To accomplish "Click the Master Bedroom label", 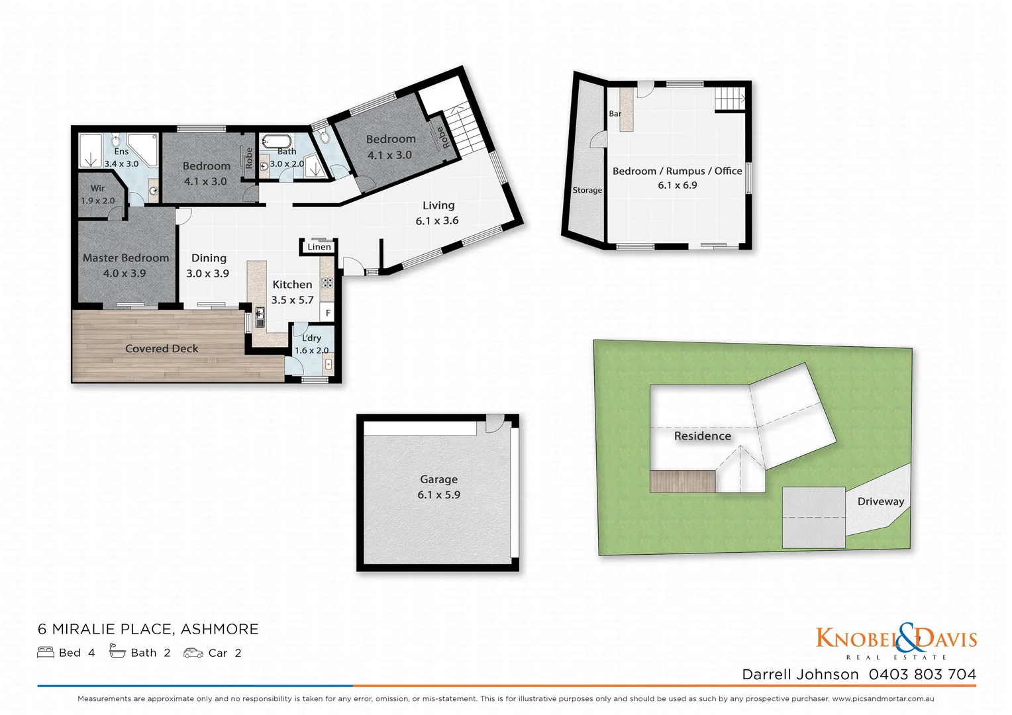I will [126, 258].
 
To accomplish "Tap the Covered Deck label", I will [162, 349].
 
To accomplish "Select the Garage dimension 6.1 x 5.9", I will [438, 495].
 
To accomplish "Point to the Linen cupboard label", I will [319, 247].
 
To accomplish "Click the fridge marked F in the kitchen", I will [328, 312].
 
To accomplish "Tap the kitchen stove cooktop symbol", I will [327, 283].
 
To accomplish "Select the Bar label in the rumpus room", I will [615, 114].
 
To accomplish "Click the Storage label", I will [587, 190].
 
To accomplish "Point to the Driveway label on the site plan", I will [881, 501].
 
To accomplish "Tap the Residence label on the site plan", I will [702, 436].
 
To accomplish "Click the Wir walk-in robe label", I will [98, 189].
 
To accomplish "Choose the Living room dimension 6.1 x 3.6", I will [437, 220].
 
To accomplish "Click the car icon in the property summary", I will [193, 653].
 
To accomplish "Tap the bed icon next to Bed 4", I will [46, 653].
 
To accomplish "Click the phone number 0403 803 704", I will [922, 675].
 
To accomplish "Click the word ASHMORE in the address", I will [220, 629].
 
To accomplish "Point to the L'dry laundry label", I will [311, 338].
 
